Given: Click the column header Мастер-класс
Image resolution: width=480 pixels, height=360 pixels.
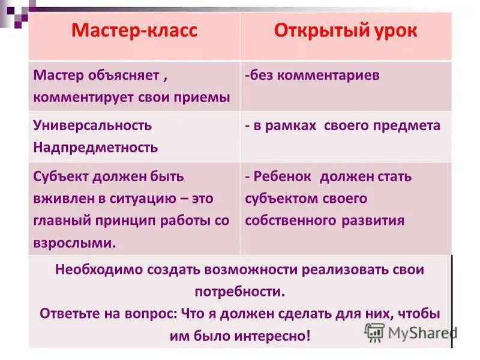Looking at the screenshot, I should (134, 32).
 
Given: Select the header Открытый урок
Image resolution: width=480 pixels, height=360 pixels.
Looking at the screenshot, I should (345, 31).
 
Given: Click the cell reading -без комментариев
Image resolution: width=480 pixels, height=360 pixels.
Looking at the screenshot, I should (312, 76).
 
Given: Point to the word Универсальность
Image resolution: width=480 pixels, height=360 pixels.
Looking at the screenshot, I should (93, 126).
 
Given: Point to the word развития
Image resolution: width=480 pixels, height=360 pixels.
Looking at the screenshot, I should (373, 220).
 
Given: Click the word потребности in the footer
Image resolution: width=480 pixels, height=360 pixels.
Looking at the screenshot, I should (238, 292).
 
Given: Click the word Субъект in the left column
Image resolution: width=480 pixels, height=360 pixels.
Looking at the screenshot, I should (61, 177).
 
